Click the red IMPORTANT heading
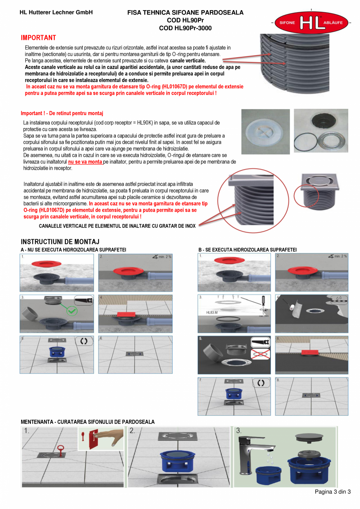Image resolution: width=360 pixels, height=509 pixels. click(x=38, y=38)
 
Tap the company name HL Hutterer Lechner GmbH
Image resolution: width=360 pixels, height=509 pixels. click(x=56, y=13)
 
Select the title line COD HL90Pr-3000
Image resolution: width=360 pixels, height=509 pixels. click(x=185, y=28)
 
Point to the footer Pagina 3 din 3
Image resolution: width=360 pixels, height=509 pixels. click(x=333, y=492)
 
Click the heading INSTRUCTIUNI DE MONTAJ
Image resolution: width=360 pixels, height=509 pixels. click(x=60, y=241)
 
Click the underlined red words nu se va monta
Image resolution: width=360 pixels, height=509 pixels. click(x=85, y=162)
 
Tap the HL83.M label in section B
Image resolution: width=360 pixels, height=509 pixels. click(x=212, y=313)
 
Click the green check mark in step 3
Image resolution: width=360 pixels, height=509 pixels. click(x=72, y=311)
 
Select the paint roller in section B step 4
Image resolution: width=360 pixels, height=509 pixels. click(x=293, y=309)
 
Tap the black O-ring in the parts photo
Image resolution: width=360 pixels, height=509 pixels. click(x=304, y=141)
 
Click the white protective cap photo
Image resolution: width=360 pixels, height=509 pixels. click(x=265, y=131)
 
